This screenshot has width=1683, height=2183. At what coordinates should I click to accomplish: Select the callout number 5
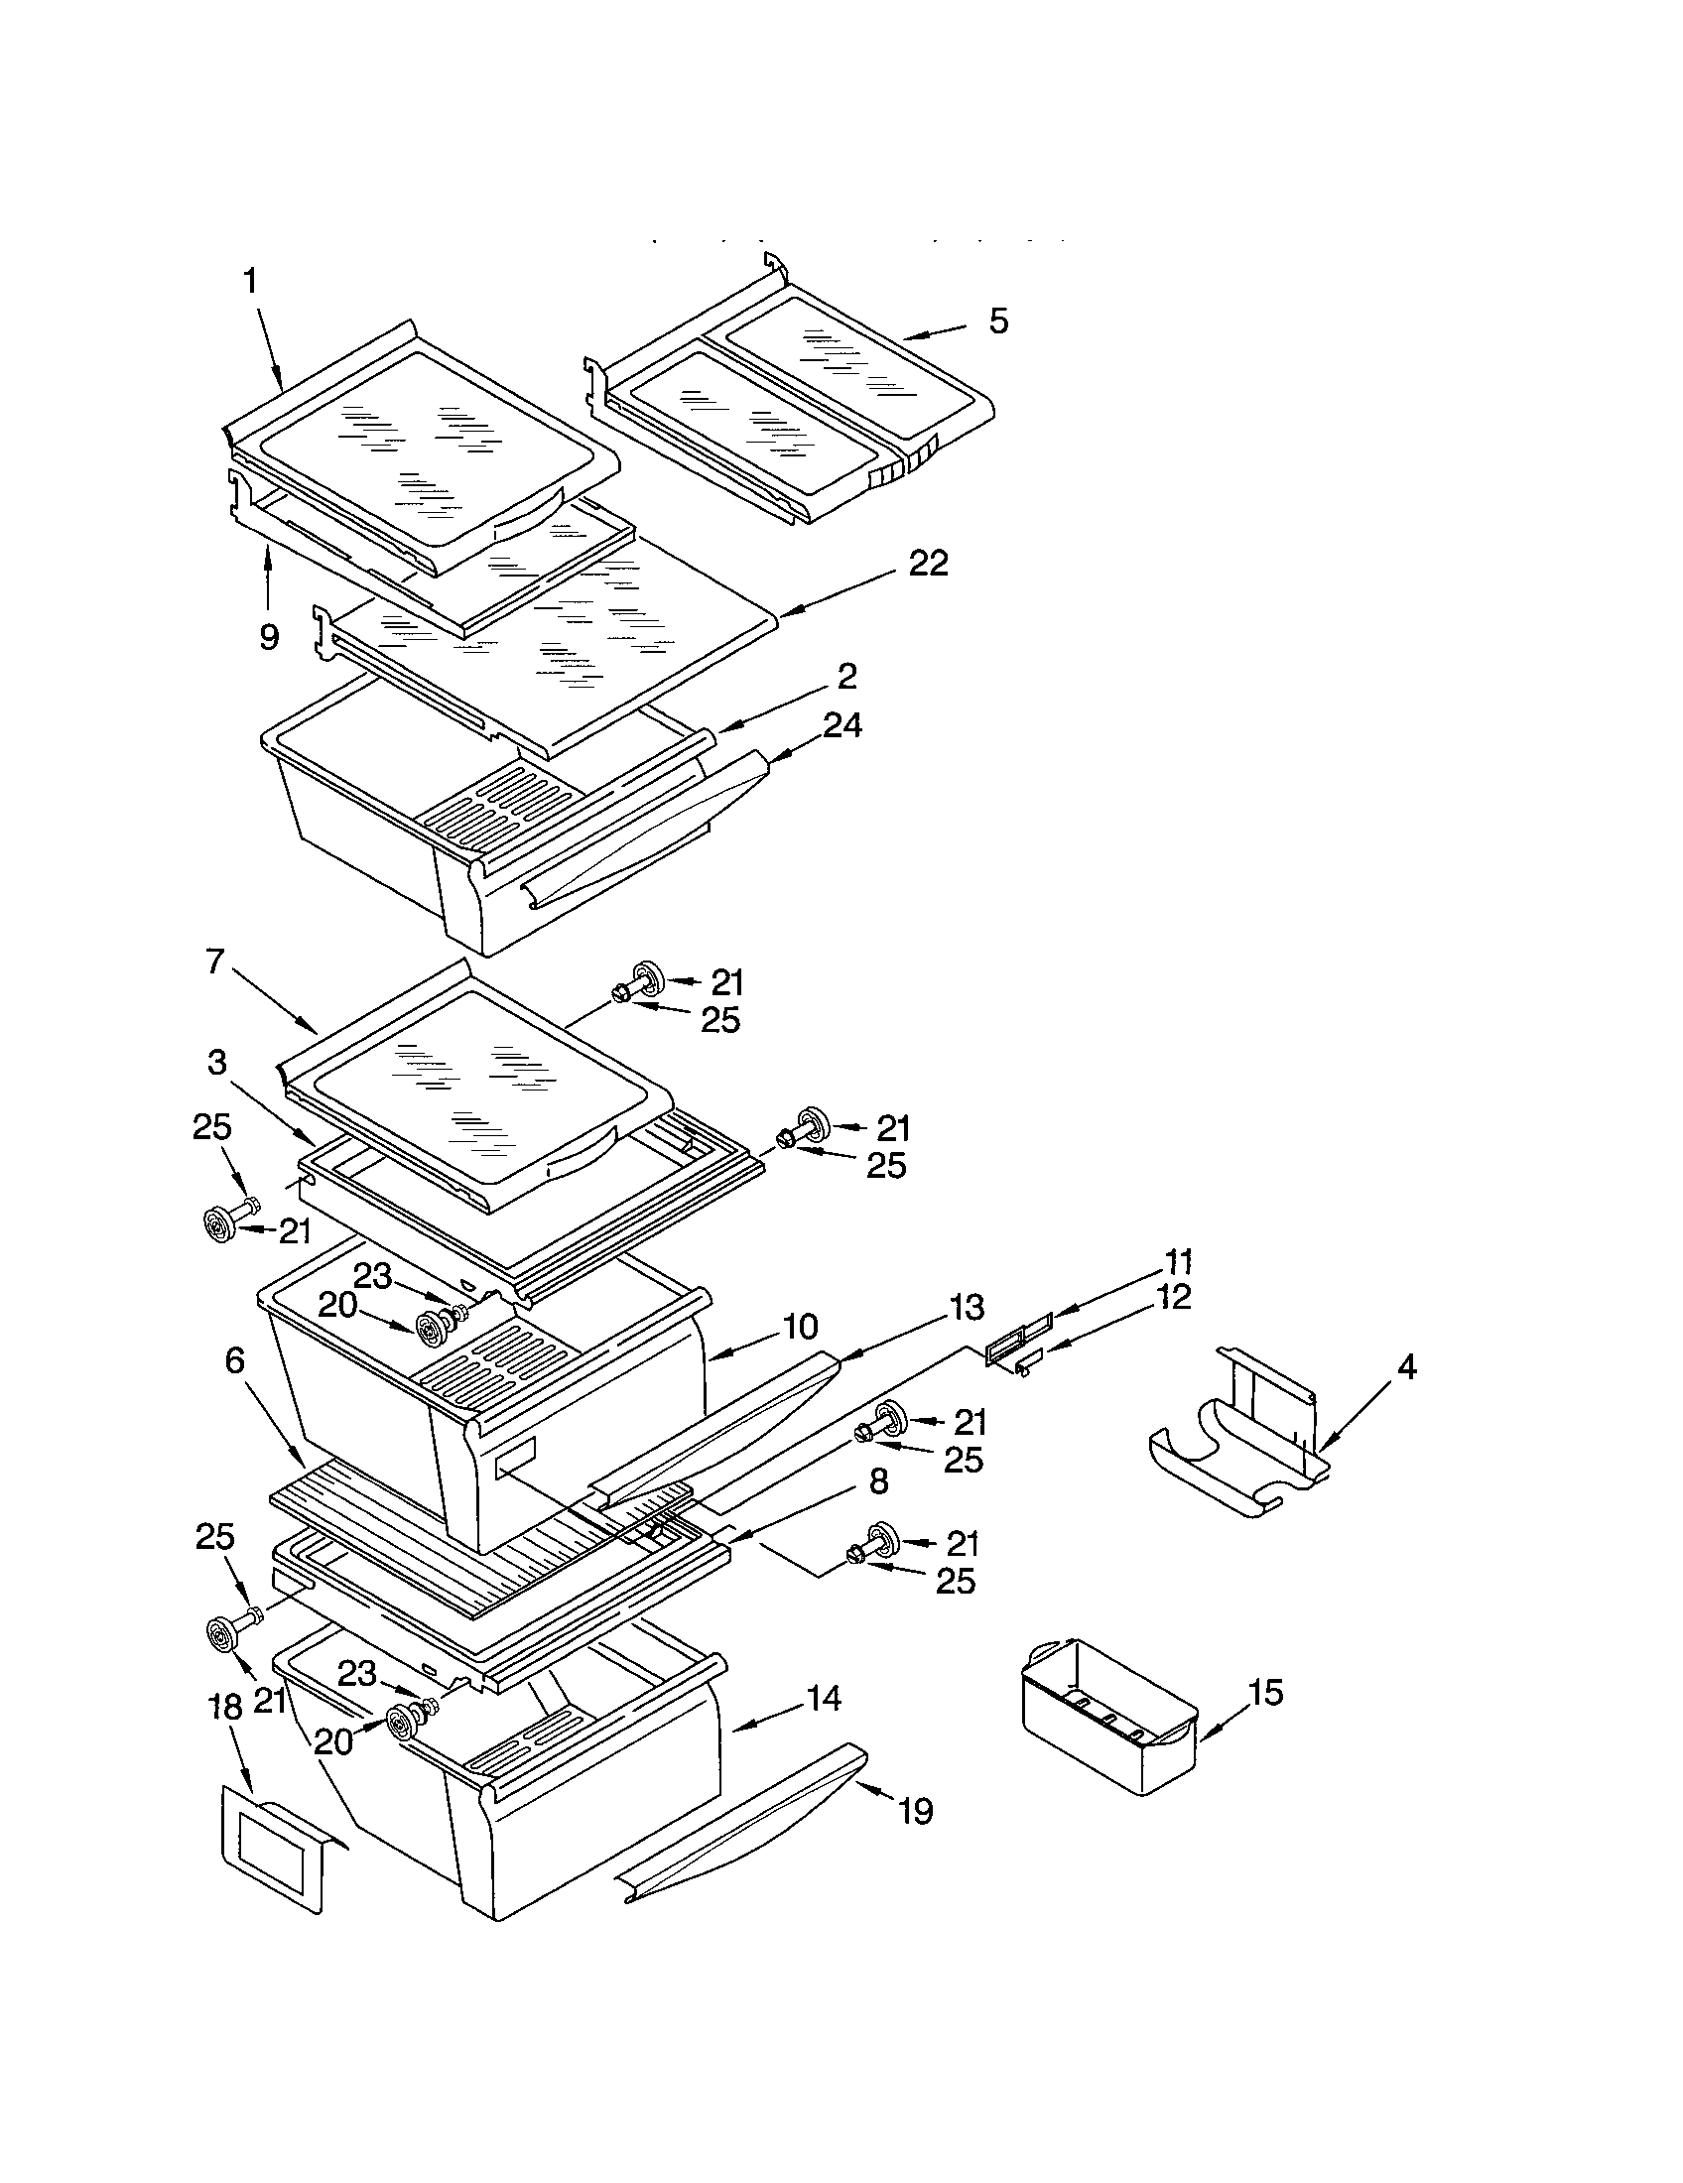[998, 321]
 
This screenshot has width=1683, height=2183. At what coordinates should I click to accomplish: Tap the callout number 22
[928, 564]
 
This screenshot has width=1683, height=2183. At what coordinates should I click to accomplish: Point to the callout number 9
[269, 637]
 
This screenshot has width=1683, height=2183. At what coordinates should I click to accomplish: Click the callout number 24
[841, 725]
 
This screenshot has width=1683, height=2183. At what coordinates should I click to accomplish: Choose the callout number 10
[800, 1328]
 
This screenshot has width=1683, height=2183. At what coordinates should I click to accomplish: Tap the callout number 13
[968, 1307]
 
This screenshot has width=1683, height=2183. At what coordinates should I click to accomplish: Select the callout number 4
[1405, 1367]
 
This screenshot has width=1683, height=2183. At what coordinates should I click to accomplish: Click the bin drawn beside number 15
[1109, 1715]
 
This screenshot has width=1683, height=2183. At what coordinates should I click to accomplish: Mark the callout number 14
[823, 1698]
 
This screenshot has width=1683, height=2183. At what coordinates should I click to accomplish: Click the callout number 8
[877, 1481]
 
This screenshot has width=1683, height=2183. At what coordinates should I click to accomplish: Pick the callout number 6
[234, 1361]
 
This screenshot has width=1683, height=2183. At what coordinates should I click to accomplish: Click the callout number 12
[1175, 1298]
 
